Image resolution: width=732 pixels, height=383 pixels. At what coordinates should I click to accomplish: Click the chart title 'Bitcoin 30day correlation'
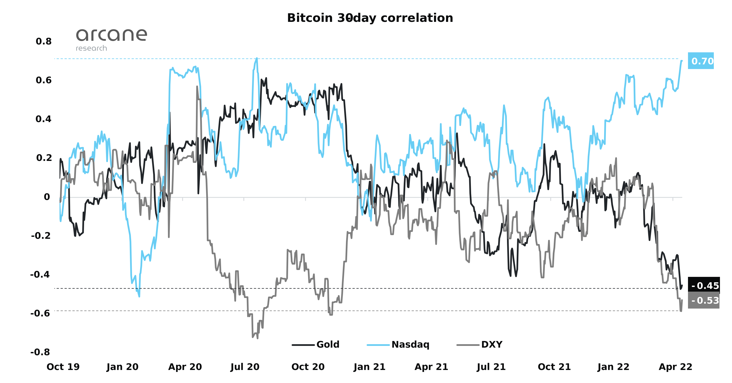tap(370, 18)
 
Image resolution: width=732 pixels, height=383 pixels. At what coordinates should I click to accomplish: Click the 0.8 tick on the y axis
tap(44, 42)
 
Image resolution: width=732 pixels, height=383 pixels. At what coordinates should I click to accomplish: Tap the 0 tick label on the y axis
tap(47, 197)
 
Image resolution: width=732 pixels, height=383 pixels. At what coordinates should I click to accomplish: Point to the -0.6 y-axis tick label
tap(40, 313)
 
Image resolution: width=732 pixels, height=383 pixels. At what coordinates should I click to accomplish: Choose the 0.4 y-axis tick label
tap(44, 119)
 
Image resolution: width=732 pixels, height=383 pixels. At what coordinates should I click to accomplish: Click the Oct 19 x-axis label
tap(63, 367)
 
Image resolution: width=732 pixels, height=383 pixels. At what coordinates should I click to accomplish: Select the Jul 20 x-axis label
tap(245, 367)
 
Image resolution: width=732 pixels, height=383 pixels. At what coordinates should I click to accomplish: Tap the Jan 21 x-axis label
tap(369, 367)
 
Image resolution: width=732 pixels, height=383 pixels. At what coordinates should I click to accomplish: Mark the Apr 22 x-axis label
tap(675, 367)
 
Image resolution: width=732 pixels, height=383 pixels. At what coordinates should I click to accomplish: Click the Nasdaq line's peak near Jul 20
tap(257, 58)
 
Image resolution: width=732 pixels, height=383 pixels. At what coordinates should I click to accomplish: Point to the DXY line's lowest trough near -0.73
tap(257, 338)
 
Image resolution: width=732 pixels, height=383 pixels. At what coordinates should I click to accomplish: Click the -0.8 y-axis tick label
tap(40, 352)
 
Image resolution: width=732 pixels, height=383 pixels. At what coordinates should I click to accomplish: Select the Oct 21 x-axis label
tap(554, 367)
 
